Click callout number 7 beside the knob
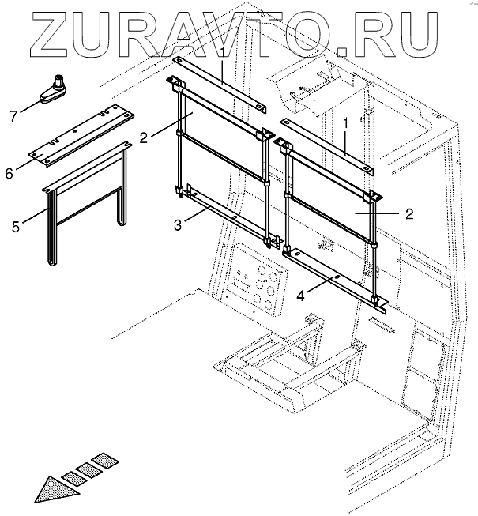pyautogui.click(x=13, y=117)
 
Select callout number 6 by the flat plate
pyautogui.click(x=9, y=172)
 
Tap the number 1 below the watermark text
pyautogui.click(x=224, y=53)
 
